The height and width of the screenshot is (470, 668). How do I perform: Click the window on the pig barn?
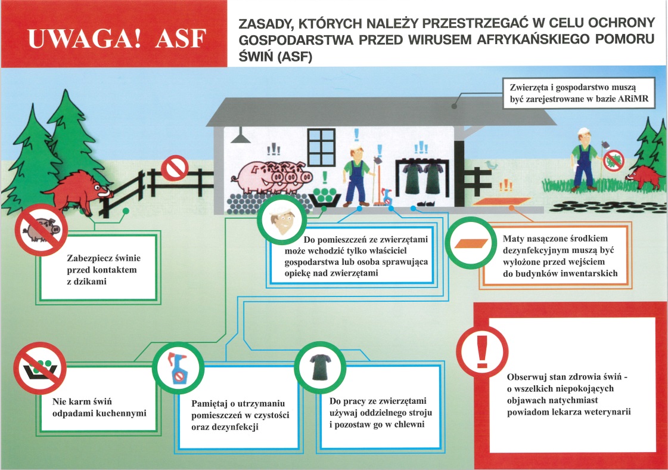click(322, 147)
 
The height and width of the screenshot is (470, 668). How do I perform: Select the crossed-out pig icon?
click(41, 230)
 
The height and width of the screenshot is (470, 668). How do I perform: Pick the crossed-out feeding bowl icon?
click(39, 367)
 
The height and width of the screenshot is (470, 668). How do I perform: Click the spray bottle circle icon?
click(179, 367)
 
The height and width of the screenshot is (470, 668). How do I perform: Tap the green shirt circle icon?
click(321, 367)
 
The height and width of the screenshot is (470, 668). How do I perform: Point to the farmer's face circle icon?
click(282, 221)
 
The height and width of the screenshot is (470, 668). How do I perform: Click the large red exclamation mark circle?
click(482, 352)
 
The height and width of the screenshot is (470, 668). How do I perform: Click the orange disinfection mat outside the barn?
click(501, 202)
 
